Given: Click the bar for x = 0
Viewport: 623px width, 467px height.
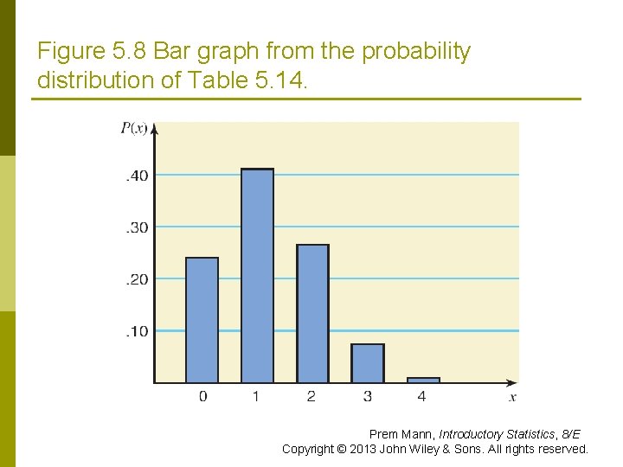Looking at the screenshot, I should click(202, 320).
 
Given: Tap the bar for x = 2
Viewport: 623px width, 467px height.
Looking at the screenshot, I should click(312, 313).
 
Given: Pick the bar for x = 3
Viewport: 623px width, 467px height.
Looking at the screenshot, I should click(367, 363).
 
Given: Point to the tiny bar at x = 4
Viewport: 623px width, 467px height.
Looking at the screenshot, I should click(423, 380).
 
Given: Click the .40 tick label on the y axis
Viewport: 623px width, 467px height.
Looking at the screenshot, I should click(137, 176).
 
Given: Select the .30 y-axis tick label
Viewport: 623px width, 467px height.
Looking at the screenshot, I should click(137, 227).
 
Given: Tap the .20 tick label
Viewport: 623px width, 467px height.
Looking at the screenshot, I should click(137, 279).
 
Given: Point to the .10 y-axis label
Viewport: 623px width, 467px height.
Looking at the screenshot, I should click(137, 331).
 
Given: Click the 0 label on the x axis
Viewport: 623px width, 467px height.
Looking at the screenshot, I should click(202, 396).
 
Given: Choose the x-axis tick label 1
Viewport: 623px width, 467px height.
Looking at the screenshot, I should click(257, 396).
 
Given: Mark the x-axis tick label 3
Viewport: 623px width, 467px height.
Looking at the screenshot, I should click(367, 396).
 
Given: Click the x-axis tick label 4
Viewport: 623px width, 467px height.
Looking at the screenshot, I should click(422, 396).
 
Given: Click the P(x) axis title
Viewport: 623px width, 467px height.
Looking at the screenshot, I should click(133, 129).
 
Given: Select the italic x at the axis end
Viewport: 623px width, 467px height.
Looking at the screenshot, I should click(512, 396).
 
